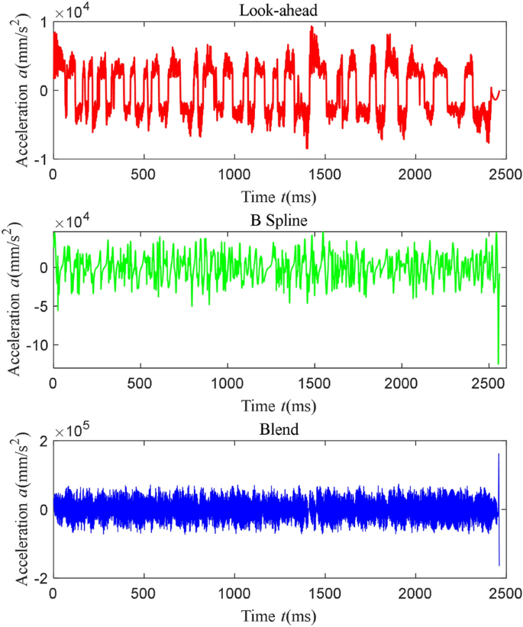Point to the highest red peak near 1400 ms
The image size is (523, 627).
[x=312, y=27]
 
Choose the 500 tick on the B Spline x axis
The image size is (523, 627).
[x=140, y=383]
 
